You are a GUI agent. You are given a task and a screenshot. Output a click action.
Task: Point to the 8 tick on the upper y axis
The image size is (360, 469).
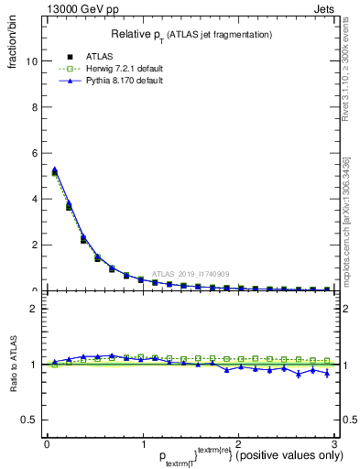click(x=35, y=107)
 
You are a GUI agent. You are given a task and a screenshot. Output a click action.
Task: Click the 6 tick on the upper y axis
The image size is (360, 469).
click(x=35, y=153)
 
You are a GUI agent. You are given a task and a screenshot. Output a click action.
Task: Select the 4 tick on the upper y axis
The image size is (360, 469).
click(x=35, y=199)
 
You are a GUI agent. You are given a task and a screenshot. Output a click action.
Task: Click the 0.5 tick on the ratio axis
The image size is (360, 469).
click(x=30, y=420)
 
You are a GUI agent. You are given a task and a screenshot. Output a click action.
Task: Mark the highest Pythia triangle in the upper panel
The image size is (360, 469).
click(x=55, y=169)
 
